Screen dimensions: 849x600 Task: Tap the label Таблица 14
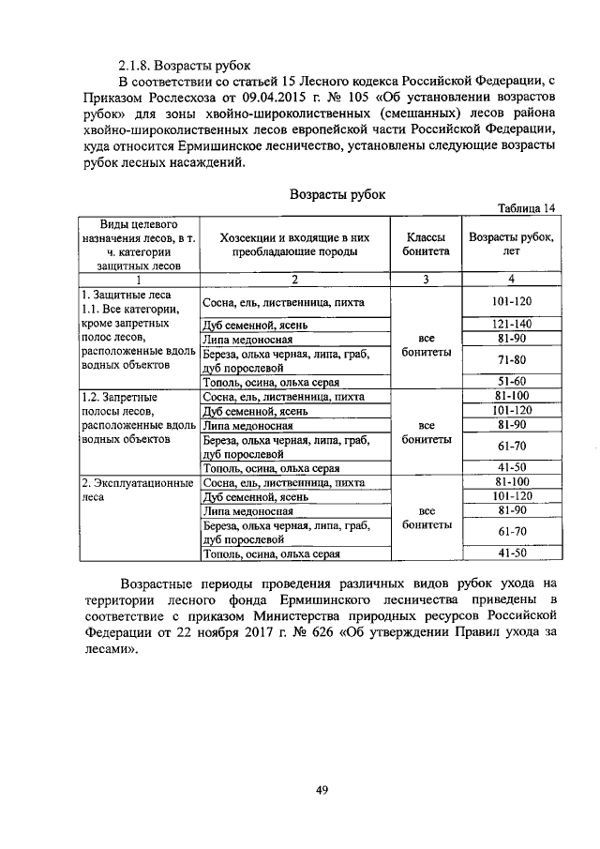[528, 208]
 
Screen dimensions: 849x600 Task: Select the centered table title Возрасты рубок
[337, 194]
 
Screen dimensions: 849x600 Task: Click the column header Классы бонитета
[427, 245]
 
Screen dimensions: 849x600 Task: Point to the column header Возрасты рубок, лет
[511, 245]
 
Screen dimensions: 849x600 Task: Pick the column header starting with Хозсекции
[295, 245]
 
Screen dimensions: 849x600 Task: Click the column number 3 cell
[427, 279]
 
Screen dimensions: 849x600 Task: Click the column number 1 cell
[138, 279]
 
